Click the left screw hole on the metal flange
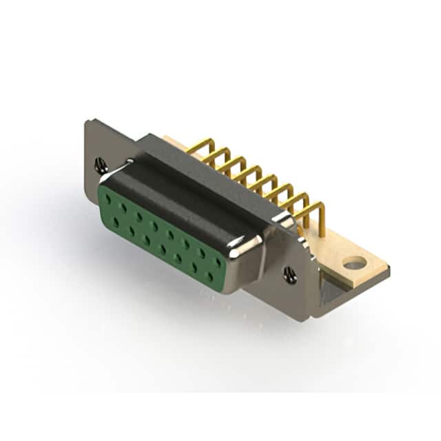coord(101,165)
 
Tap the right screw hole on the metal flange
coord(290,276)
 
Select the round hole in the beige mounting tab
coord(354,263)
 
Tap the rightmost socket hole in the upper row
coord(218,263)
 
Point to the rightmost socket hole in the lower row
coord(210,276)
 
